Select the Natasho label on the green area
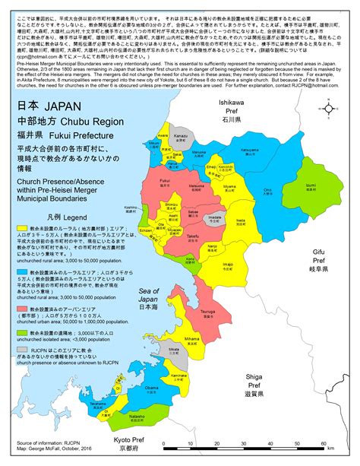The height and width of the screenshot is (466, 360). point(158,417)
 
